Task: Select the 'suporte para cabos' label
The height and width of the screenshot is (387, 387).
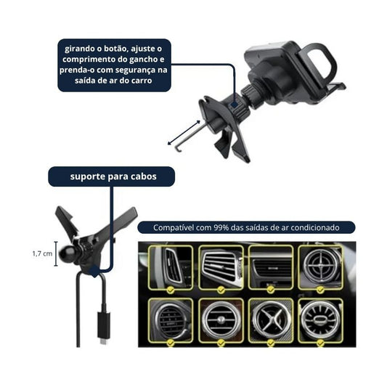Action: tap(113, 176)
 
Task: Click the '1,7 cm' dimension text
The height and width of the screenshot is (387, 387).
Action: tap(42, 253)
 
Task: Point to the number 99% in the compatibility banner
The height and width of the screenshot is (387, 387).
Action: tap(221, 227)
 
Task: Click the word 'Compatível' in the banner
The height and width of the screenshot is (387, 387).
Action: tap(173, 227)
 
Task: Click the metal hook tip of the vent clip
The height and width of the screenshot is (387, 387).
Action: tap(178, 149)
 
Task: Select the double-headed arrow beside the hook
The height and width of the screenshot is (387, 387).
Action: tap(184, 133)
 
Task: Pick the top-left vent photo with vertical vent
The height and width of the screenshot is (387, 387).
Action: tap(171, 267)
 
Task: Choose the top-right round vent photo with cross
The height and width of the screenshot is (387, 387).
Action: tap(320, 267)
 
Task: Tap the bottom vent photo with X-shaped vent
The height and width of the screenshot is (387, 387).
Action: tap(271, 320)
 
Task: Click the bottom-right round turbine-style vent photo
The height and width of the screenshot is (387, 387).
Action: tap(320, 320)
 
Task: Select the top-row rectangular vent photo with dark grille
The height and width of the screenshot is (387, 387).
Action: tap(271, 267)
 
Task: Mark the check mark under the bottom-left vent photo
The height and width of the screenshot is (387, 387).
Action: tap(171, 343)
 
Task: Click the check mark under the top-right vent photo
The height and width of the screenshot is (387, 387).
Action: tap(320, 290)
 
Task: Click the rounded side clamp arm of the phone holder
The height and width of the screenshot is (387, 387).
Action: tap(319, 62)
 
